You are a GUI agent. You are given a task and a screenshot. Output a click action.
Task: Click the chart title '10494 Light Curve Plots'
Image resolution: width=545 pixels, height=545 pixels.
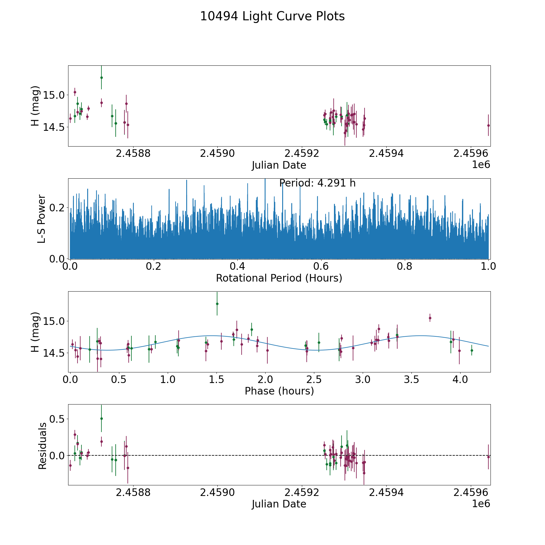tap(272, 16)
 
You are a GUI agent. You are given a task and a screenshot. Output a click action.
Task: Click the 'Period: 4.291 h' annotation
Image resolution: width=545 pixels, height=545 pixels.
tap(317, 183)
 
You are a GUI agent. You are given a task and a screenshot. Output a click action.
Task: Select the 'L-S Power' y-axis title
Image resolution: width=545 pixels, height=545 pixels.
tap(41, 219)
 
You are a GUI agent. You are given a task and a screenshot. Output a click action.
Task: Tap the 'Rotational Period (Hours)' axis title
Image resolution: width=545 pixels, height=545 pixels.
tap(279, 278)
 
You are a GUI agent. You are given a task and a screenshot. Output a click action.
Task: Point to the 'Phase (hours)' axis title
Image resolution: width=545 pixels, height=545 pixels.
tap(279, 391)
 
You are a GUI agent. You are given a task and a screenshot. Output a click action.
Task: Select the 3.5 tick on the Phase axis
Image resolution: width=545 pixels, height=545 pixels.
tap(411, 380)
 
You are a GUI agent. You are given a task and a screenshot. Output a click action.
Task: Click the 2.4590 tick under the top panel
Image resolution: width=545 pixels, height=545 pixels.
tap(217, 154)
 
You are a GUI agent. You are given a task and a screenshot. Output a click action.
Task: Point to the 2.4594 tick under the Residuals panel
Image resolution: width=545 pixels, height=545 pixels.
tap(386, 493)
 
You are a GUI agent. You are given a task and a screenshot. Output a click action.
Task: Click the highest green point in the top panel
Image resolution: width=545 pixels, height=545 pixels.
tap(101, 78)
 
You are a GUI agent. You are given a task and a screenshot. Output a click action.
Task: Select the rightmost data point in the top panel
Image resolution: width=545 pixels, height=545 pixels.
tap(488, 125)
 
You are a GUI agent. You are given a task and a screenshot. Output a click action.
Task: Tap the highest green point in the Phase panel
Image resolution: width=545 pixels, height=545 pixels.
tap(217, 304)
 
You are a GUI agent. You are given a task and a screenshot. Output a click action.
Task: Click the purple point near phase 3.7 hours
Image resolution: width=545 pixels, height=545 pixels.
tap(430, 318)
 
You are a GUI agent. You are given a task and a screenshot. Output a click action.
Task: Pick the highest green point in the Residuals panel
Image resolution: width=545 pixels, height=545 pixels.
tap(101, 418)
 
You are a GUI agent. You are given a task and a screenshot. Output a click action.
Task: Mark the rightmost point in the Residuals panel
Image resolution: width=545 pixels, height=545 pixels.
tap(488, 457)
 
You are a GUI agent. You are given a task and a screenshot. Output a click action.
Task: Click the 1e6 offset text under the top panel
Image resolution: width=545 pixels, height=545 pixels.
tap(481, 165)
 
